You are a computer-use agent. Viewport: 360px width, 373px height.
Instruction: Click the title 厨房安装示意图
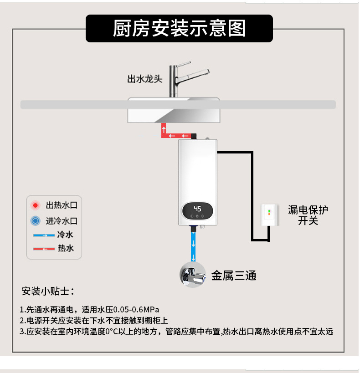[179, 28]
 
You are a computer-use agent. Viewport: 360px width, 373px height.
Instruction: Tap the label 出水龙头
[144, 79]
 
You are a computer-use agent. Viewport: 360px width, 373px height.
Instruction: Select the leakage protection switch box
[269, 215]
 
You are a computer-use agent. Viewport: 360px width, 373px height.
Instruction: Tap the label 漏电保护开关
[308, 215]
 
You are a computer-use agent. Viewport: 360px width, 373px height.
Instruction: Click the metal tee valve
[194, 274]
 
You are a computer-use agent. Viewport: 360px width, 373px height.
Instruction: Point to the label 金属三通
[234, 275]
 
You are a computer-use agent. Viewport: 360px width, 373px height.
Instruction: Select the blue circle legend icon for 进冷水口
[35, 221]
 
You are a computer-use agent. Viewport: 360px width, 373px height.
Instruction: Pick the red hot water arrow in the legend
[44, 249]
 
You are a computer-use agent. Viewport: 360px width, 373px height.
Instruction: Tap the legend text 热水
[66, 249]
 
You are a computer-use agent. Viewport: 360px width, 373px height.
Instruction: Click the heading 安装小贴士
[48, 291]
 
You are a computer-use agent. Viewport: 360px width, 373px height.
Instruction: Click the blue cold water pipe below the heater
[194, 246]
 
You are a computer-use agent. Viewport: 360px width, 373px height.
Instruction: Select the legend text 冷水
[66, 235]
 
